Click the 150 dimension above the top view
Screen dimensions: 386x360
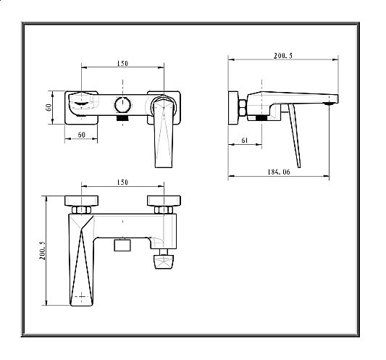click(122, 63)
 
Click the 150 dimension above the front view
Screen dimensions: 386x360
click(122, 183)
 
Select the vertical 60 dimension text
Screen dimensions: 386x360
click(49, 107)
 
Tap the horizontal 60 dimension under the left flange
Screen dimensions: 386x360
click(82, 135)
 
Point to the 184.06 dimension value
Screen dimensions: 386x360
click(279, 172)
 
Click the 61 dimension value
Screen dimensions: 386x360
click(245, 141)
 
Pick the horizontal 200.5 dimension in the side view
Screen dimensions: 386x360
click(283, 56)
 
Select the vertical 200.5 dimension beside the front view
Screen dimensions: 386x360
click(42, 251)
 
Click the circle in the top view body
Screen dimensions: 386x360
click(122, 104)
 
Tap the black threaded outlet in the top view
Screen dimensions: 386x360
click(123, 118)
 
